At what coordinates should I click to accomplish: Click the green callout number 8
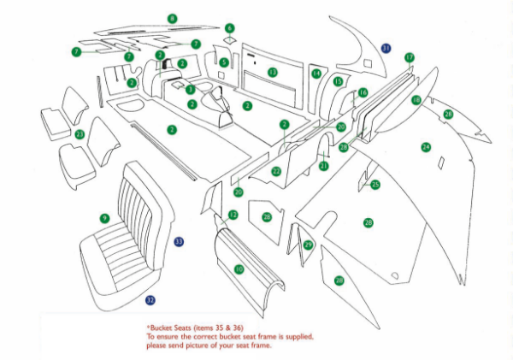coord(173,18)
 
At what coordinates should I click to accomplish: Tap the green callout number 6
coord(229,28)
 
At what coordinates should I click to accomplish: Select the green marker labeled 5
coord(224,62)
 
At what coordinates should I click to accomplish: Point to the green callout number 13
coord(272,72)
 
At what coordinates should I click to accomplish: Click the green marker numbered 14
coord(316,74)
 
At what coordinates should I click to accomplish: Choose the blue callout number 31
coord(386,49)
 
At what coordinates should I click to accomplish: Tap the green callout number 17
coord(410,57)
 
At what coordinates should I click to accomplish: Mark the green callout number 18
coord(416,100)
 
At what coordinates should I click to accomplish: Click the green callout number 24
coord(425,147)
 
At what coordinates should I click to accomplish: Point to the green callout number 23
coord(80,134)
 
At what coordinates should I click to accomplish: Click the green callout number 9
coord(104,218)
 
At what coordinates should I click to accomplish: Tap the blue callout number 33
coord(179,242)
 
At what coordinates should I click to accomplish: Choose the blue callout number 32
coord(150,300)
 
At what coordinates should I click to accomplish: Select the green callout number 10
coord(239,269)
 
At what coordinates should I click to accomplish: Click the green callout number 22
coord(276,172)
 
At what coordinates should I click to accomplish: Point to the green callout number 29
coord(309,245)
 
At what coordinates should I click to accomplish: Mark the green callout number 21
coord(324,165)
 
